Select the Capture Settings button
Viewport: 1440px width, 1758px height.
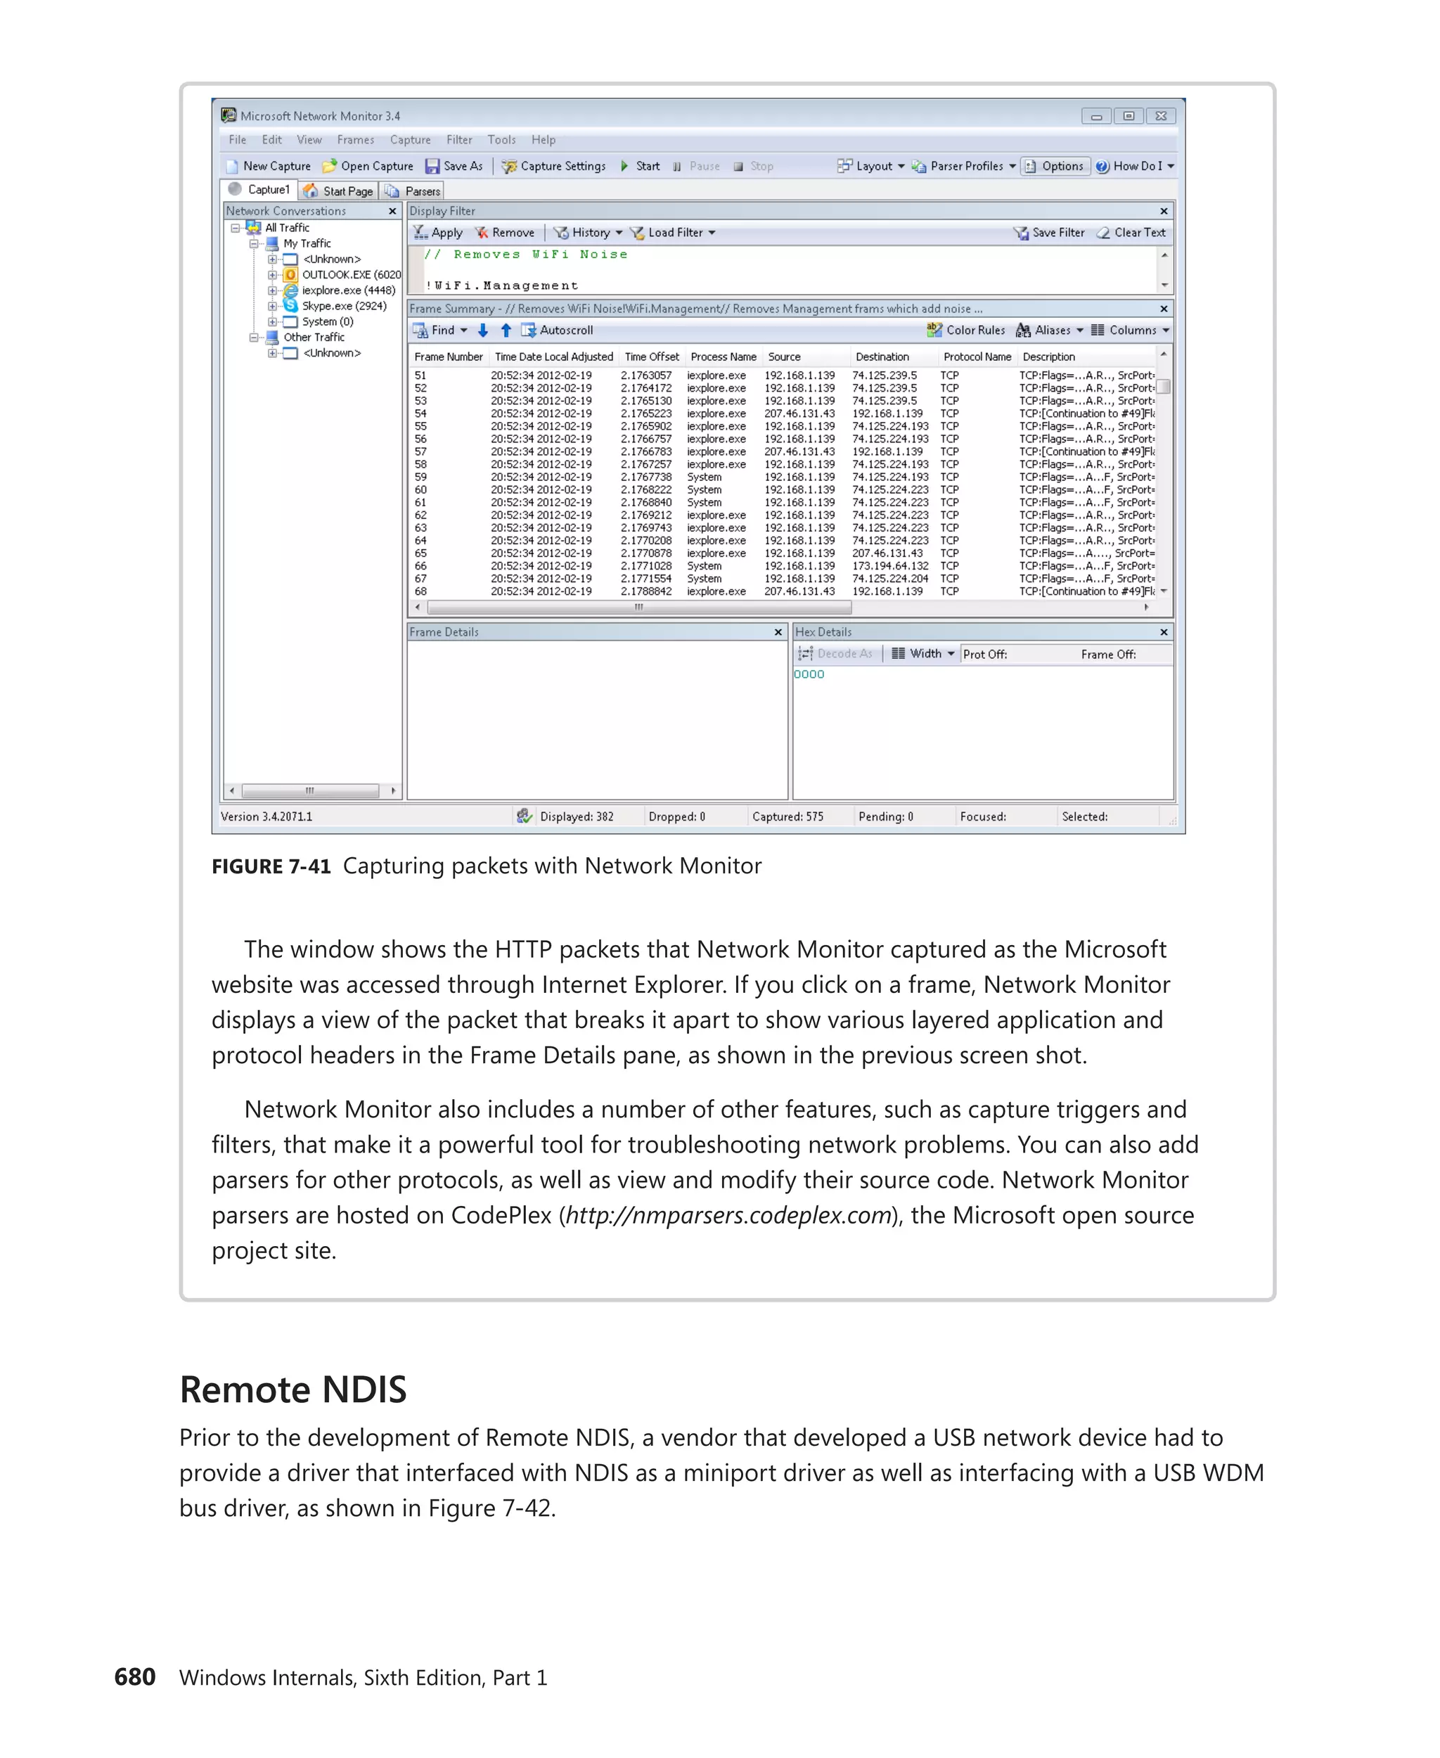click(553, 166)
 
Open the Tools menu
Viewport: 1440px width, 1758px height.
click(501, 140)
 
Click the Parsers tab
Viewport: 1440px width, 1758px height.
click(414, 191)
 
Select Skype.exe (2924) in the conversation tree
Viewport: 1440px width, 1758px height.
click(343, 306)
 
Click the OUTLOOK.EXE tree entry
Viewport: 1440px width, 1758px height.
click(350, 275)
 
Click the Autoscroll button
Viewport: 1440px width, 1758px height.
click(558, 331)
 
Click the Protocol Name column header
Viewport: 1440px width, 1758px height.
click(977, 357)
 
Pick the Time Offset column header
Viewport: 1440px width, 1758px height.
click(652, 357)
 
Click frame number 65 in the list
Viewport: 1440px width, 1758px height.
click(420, 553)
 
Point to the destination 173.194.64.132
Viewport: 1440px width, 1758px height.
click(890, 566)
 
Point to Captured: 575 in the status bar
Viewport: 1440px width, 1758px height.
click(787, 816)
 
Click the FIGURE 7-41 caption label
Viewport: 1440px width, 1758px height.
click(271, 866)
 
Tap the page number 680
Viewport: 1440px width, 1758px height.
click(134, 1676)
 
